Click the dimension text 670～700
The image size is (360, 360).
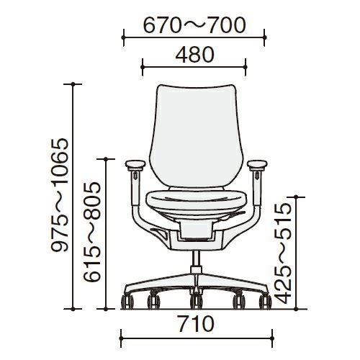pos(194,25)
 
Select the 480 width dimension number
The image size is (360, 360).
pos(194,55)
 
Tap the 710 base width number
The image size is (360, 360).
pos(196,324)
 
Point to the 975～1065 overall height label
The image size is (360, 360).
pos(60,195)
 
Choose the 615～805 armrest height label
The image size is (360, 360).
pos(91,232)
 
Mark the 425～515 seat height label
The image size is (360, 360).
pos(283,254)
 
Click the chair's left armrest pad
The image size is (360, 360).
pos(135,165)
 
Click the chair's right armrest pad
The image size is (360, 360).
pos(257,165)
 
